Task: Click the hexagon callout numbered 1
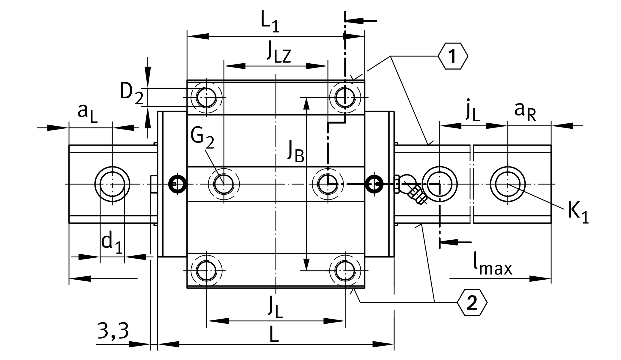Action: pyautogui.click(x=452, y=56)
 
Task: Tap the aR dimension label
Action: pyautogui.click(x=525, y=112)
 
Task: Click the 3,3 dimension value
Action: pyautogui.click(x=113, y=331)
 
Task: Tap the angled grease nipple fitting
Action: pyautogui.click(x=417, y=194)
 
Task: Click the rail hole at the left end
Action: pyautogui.click(x=112, y=184)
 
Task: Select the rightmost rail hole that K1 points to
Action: pyautogui.click(x=508, y=184)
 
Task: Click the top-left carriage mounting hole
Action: pyautogui.click(x=206, y=97)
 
